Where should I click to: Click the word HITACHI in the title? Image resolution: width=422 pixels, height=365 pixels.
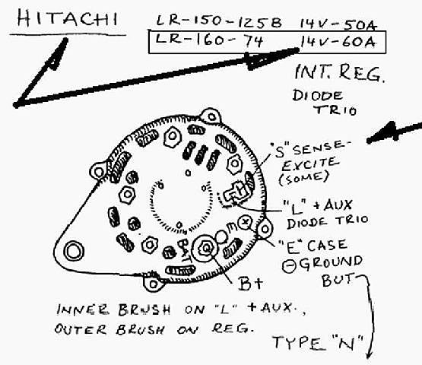tap(67, 18)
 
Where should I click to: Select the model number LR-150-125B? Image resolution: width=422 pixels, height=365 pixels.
tap(219, 21)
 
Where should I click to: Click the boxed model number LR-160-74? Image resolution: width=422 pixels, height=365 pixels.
tap(209, 40)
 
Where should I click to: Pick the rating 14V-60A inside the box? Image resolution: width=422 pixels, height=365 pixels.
tap(338, 42)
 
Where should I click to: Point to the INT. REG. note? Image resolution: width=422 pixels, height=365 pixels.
tap(340, 73)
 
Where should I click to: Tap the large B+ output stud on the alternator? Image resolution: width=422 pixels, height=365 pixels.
tap(207, 248)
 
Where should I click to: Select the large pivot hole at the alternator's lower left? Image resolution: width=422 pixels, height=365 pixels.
tap(74, 251)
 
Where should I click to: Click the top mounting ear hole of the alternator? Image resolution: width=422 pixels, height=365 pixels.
tap(211, 117)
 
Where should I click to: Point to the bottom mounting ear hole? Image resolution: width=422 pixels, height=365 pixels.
tap(154, 284)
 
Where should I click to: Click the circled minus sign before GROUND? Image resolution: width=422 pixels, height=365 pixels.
tap(290, 266)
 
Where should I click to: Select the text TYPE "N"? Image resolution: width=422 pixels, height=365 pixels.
tap(319, 343)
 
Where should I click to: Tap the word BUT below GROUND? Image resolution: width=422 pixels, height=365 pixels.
tap(338, 281)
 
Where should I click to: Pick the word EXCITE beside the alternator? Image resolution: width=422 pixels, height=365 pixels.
tap(309, 163)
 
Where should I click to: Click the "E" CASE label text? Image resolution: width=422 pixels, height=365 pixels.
tap(313, 246)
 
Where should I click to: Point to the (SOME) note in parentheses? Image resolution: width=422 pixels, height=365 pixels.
tap(304, 178)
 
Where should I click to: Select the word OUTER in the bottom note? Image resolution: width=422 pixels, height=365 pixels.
tap(81, 329)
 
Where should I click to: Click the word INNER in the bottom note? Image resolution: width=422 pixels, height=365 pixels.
tap(83, 309)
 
